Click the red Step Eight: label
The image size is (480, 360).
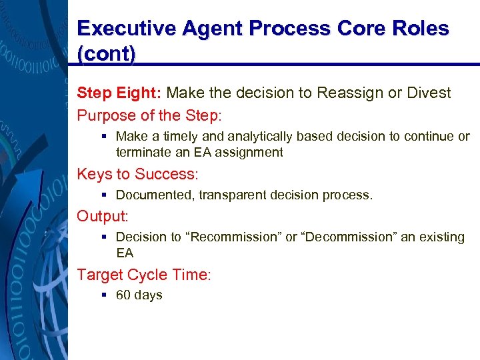(120, 93)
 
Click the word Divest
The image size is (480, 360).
(429, 93)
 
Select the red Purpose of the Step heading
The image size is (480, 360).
(149, 115)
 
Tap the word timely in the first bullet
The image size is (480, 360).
(183, 137)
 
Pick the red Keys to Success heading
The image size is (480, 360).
(137, 175)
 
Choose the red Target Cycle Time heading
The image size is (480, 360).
(143, 274)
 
